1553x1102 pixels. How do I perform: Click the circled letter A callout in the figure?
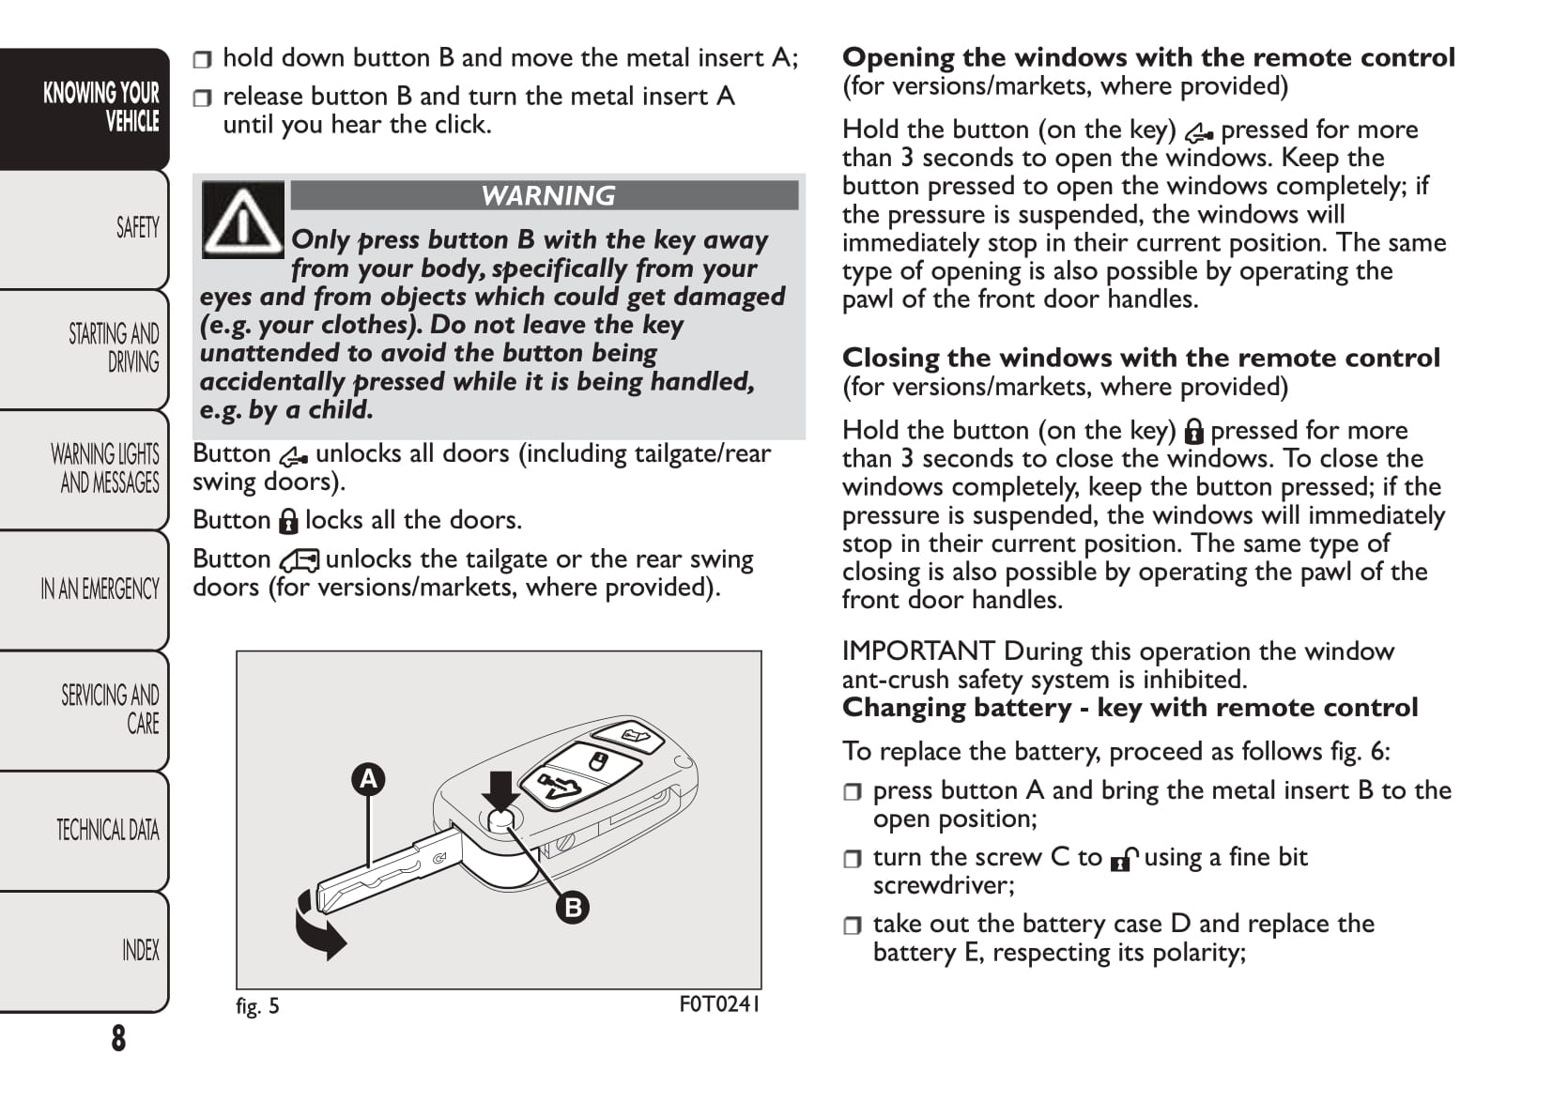(x=369, y=779)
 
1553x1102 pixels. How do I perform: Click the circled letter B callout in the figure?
(x=573, y=907)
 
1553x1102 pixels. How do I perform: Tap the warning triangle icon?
(x=242, y=220)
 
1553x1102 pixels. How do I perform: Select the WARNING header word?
(x=548, y=195)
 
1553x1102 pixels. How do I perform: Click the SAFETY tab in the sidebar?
(x=137, y=227)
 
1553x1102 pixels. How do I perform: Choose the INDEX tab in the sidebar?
(x=141, y=950)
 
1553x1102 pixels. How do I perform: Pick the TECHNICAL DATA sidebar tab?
(x=107, y=830)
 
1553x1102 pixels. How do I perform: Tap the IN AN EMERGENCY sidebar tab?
(x=100, y=589)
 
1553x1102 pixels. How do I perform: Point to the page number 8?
(x=118, y=1038)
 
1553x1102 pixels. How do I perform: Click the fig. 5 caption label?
(x=257, y=1006)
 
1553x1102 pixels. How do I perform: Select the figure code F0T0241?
(x=719, y=1004)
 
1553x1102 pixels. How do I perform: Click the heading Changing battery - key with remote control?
(x=1130, y=708)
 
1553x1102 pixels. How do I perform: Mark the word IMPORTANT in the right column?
(x=917, y=650)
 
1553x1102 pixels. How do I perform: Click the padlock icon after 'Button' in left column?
(x=288, y=521)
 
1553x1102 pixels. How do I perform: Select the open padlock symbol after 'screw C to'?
(x=1123, y=859)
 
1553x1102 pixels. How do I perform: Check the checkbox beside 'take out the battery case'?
(x=853, y=926)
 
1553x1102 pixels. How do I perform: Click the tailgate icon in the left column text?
(x=300, y=560)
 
